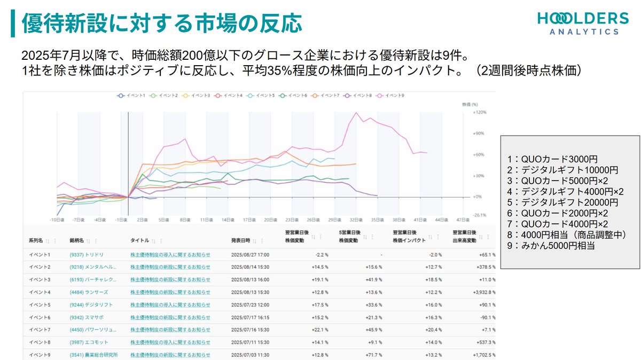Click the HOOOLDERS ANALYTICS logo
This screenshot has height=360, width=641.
[x=583, y=24]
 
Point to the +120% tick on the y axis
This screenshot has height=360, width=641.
[x=479, y=113]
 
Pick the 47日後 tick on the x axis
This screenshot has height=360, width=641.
[x=463, y=220]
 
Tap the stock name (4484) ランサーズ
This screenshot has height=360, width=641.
[x=89, y=292]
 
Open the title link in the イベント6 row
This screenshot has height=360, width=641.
[x=170, y=317]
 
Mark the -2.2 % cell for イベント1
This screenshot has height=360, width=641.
[x=318, y=255]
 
